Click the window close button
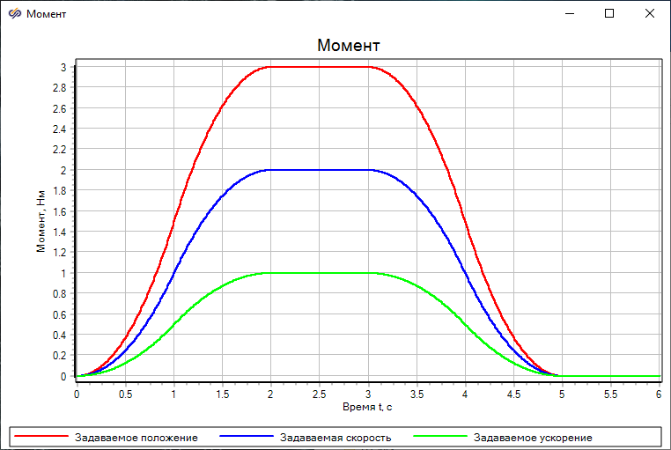pos(650,13)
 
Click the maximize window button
pos(609,13)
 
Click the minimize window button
pos(569,13)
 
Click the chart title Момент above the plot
pos(349,45)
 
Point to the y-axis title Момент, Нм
pos(41,221)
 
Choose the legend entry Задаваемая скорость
pos(335,438)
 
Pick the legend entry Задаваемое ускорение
pos(533,438)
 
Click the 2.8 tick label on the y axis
pos(60,88)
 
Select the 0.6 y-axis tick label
pos(60,314)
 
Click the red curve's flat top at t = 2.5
pos(320,67)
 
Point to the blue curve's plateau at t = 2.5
pos(320,170)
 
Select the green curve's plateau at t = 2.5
pos(320,273)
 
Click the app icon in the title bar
pos(14,13)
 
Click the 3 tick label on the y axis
pos(63,67)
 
